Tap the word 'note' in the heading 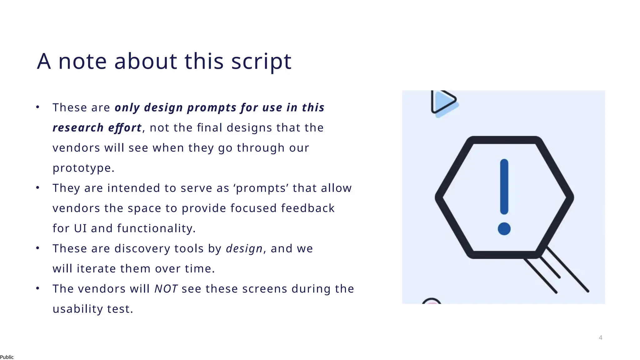82,62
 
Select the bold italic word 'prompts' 212,107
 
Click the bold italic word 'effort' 125,128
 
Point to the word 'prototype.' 83,168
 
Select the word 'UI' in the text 80,228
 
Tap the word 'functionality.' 156,228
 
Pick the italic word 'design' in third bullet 244,249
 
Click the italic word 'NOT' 166,289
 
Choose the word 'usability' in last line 78,309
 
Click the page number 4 600,337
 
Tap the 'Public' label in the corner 7,357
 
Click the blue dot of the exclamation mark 504,229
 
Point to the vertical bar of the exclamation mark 504,187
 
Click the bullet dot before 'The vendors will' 37,288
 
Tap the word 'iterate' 96,269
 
